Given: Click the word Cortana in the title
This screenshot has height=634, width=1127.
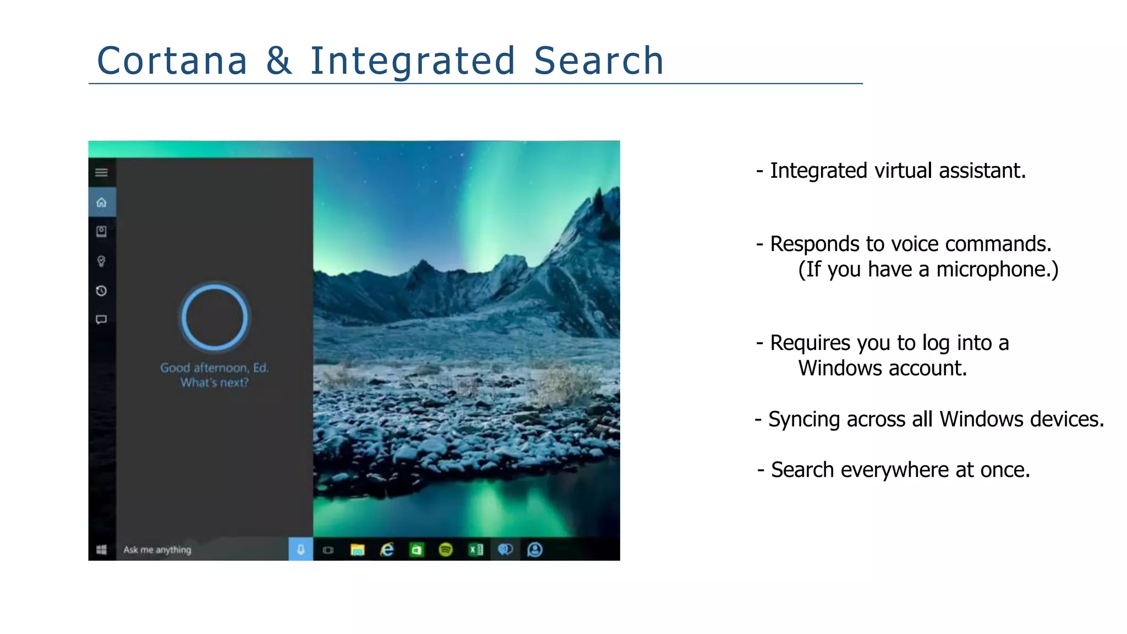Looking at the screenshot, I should (172, 61).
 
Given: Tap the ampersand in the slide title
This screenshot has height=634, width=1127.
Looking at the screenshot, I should (279, 61).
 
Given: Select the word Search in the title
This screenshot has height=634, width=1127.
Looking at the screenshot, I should (599, 61).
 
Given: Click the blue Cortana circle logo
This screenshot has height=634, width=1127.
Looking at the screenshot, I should (215, 317).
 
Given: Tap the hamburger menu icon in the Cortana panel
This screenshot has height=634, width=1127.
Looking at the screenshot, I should (101, 173).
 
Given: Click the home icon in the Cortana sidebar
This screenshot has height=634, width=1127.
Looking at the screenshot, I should (101, 203).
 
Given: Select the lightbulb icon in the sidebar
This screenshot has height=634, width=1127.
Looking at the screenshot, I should (101, 261).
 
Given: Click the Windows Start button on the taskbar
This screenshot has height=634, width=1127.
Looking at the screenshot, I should (101, 550).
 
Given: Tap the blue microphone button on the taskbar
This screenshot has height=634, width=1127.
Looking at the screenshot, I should (300, 550).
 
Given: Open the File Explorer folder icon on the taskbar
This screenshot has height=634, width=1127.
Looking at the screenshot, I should (358, 550).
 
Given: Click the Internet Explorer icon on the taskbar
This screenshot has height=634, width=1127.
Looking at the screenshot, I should (387, 550).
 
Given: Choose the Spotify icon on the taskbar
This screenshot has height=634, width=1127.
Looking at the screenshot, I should (446, 550).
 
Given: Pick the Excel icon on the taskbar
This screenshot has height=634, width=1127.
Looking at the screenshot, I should (475, 550).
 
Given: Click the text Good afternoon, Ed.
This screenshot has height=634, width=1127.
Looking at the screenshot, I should (214, 368).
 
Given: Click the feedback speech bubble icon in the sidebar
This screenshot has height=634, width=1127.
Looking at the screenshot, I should (101, 320).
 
